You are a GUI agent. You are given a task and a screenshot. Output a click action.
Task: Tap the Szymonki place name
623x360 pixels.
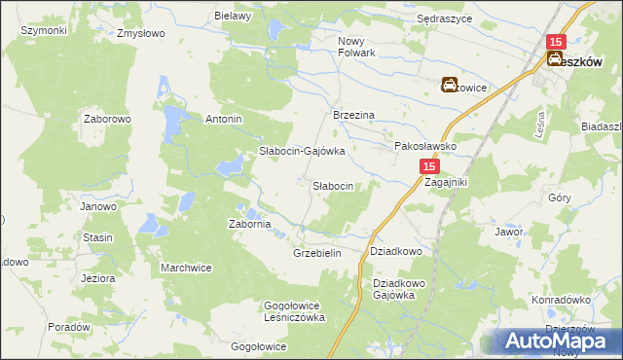coord(43,30)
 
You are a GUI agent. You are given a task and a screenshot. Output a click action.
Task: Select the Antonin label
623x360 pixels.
coord(222,120)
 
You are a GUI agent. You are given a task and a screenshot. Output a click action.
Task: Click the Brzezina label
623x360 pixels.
coord(354,114)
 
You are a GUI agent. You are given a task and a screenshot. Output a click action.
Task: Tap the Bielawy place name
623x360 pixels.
coord(234,16)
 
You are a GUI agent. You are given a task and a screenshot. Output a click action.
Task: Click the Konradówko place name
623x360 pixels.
coord(563,300)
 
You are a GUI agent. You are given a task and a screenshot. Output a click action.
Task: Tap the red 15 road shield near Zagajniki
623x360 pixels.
coord(431,168)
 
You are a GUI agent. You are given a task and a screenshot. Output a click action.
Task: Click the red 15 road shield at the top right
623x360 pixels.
coord(556,42)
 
